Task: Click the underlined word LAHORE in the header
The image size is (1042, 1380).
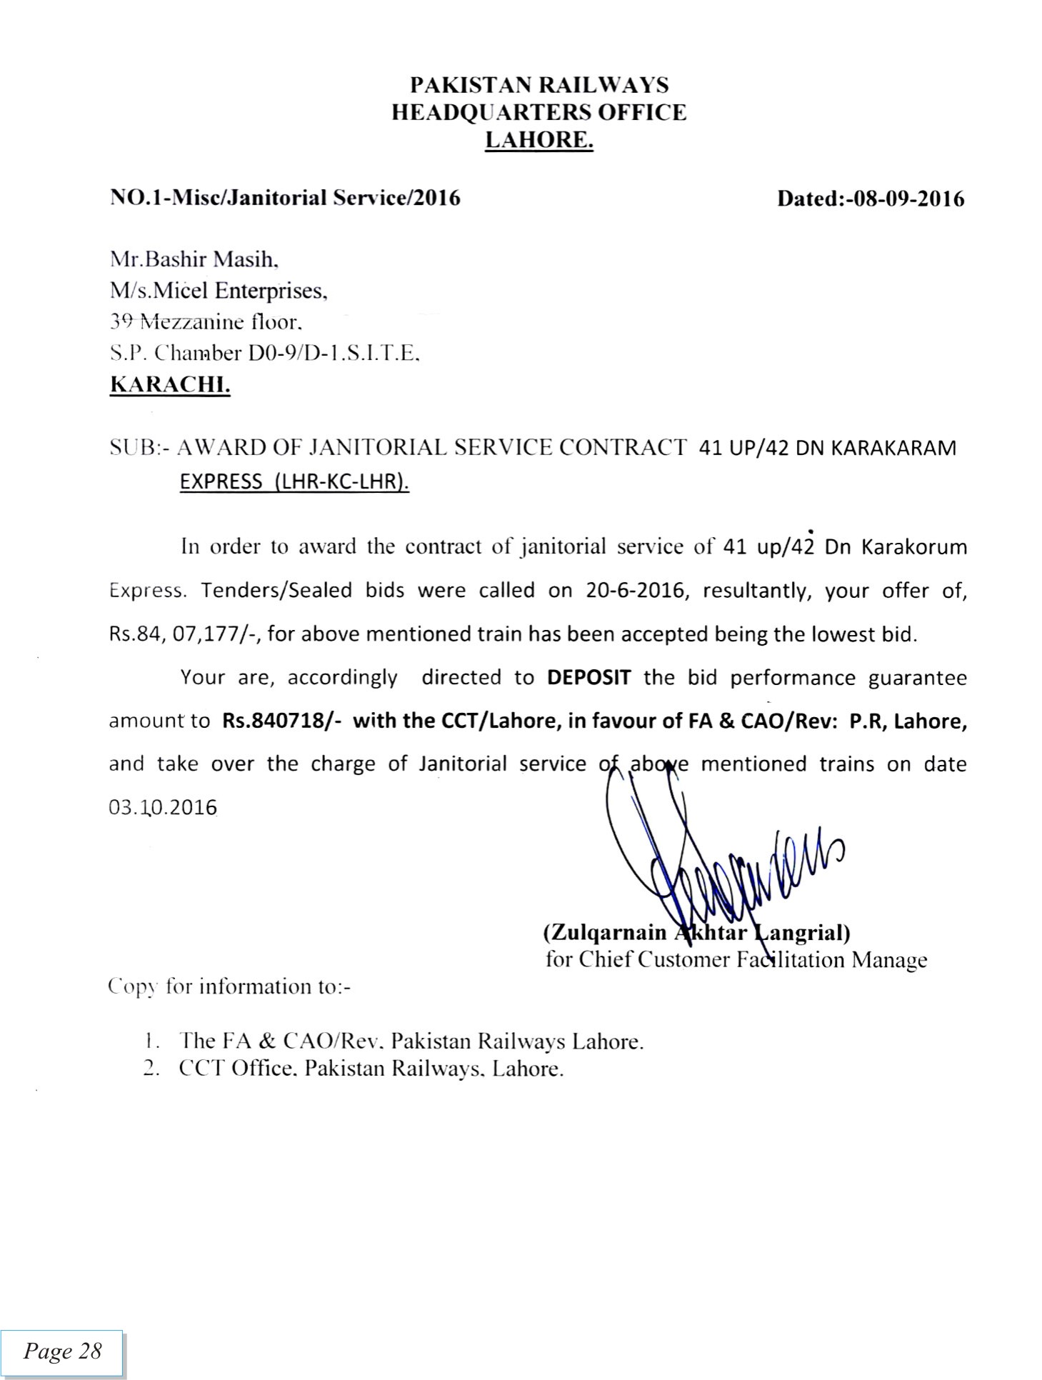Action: (538, 140)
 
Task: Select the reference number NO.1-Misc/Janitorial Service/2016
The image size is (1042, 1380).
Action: (285, 198)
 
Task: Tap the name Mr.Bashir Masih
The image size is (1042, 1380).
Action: (193, 259)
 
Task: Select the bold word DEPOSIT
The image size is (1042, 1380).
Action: (588, 677)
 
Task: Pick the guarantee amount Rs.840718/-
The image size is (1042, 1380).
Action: (281, 721)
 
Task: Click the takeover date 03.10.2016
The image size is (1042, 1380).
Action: (162, 808)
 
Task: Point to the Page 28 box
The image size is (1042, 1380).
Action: (62, 1351)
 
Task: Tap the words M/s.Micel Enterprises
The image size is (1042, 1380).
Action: (218, 291)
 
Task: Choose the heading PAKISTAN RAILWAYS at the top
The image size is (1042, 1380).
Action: (539, 85)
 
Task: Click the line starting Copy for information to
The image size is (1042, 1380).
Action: (229, 986)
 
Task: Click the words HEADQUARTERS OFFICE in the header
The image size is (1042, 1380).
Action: (539, 112)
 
